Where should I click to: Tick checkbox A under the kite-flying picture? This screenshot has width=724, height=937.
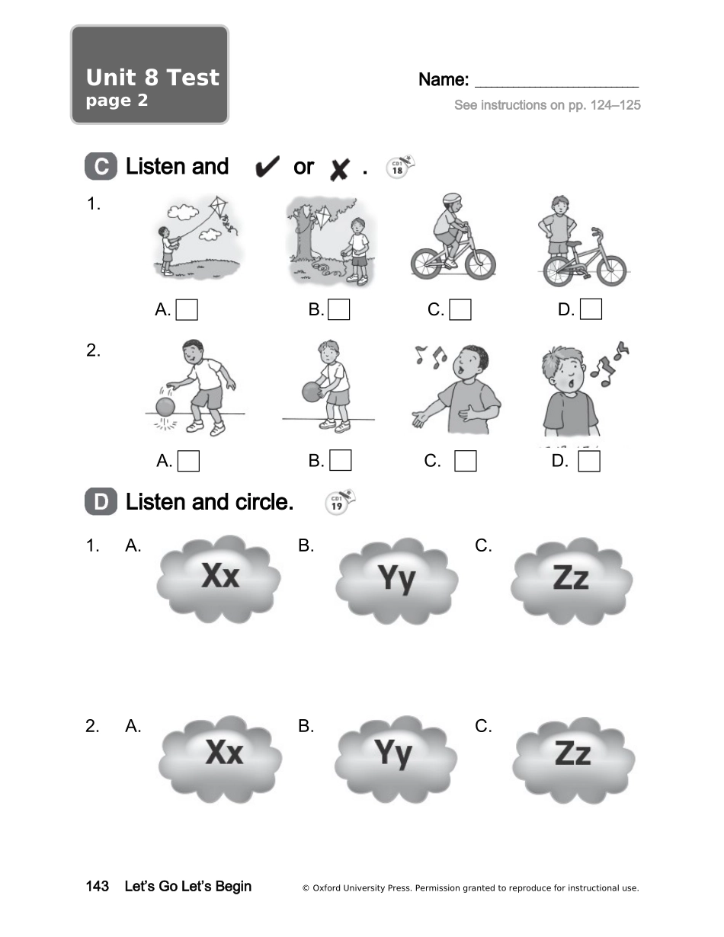[x=187, y=309]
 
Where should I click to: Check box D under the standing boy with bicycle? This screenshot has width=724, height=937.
[x=591, y=309]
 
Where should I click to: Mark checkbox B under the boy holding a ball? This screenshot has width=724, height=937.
[x=340, y=460]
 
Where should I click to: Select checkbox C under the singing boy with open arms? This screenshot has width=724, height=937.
[x=466, y=461]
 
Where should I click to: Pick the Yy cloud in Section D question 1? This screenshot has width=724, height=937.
[x=397, y=580]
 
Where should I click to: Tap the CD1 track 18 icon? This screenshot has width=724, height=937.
[x=400, y=167]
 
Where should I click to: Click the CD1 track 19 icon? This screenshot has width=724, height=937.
[x=340, y=502]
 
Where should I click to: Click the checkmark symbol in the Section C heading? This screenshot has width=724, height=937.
[x=267, y=166]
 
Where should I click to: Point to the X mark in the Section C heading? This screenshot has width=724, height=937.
[x=339, y=169]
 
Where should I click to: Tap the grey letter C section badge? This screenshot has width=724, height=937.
[x=101, y=166]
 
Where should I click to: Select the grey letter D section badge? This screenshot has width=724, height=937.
[x=101, y=501]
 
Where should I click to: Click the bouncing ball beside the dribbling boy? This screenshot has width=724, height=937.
[x=165, y=407]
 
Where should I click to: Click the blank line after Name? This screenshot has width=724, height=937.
[x=556, y=87]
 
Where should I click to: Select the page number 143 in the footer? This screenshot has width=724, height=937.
[x=98, y=887]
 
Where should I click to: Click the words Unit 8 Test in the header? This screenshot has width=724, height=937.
[x=152, y=78]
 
